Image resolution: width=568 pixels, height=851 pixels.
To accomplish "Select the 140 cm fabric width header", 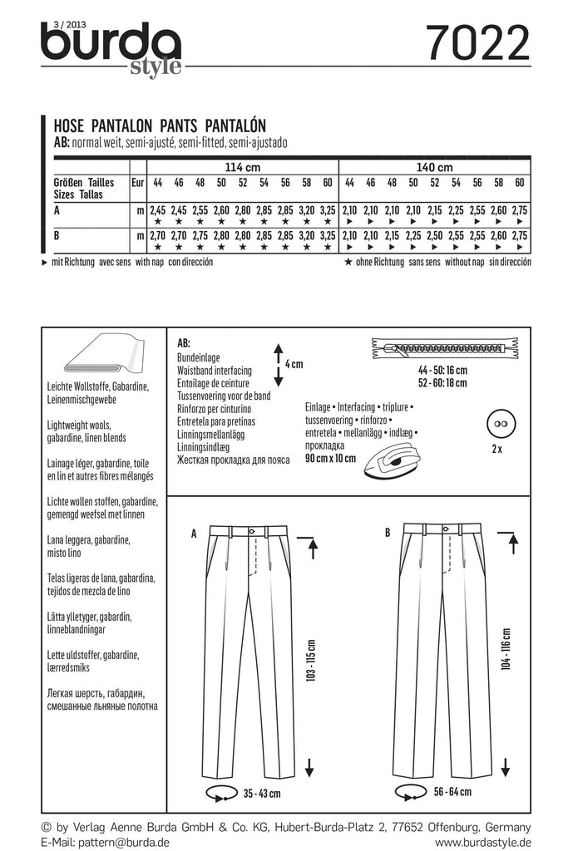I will [433, 167].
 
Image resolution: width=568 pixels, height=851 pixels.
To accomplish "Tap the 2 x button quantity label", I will [497, 449].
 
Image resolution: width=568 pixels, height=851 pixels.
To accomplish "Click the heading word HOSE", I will [69, 129].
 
